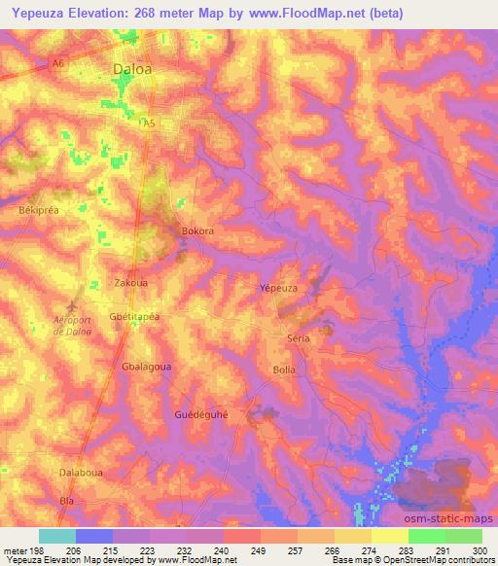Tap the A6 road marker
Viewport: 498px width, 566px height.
[57, 64]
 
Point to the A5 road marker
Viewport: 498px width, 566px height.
[149, 124]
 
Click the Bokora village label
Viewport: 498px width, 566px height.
[197, 231]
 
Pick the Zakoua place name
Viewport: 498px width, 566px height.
[130, 281]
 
